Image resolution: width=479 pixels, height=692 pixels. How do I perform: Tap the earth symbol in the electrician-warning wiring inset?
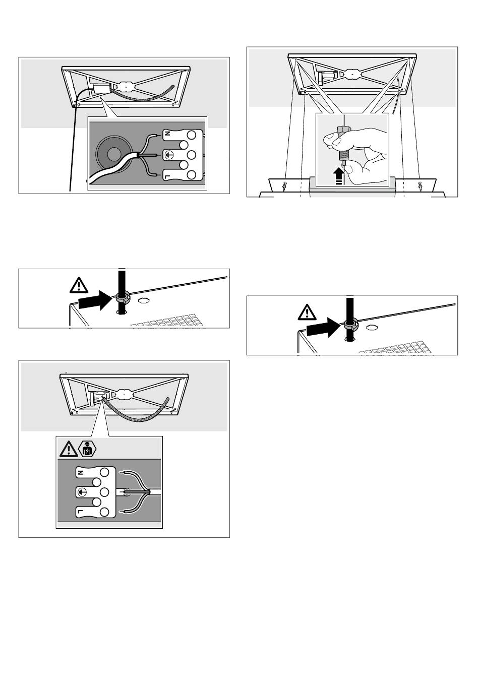pos(81,491)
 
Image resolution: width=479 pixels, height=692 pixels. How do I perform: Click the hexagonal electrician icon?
pos(88,449)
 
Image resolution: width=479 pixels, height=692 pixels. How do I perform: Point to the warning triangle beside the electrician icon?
pos(69,449)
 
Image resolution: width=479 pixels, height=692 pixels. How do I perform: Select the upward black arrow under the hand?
pos(339,176)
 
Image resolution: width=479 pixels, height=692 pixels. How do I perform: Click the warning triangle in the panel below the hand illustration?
pos(307,312)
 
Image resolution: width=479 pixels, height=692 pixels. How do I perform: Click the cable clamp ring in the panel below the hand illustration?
pos(349,325)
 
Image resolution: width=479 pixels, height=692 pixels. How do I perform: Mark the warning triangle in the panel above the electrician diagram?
pos(79,285)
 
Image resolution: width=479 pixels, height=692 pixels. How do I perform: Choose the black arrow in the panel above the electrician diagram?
pos(95,300)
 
